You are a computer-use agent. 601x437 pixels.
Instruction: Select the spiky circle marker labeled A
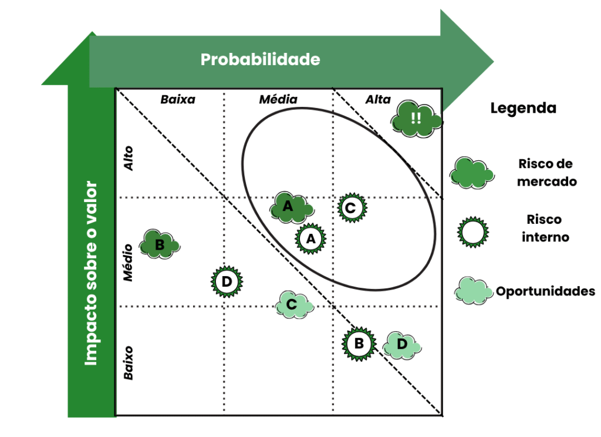[311, 238]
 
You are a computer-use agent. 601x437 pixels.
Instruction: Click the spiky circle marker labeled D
[227, 281]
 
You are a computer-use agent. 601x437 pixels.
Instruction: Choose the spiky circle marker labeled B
[359, 344]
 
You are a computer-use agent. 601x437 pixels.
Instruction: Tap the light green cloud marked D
[402, 345]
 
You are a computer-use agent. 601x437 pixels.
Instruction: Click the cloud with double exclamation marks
[417, 118]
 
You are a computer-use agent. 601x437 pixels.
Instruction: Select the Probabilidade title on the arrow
[260, 59]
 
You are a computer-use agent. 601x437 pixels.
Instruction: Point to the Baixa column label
[178, 99]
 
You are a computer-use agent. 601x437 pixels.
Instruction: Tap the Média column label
[278, 99]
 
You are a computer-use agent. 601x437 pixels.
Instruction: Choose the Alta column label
[378, 99]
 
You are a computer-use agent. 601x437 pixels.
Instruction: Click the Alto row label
[129, 159]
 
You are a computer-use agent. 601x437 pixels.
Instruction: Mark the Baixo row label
[129, 363]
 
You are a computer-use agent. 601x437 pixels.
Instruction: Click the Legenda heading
[523, 108]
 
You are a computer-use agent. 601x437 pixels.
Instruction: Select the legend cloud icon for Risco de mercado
[471, 173]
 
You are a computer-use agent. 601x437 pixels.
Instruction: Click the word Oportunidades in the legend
[545, 291]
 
